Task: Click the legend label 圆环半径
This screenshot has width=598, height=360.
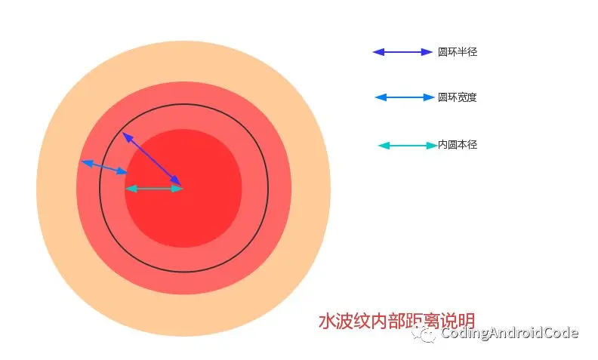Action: [x=458, y=52]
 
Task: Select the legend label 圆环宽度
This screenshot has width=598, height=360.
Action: [x=458, y=97]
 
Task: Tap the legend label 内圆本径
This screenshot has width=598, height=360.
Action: [x=458, y=145]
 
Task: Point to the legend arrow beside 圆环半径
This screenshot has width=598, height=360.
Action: [x=402, y=52]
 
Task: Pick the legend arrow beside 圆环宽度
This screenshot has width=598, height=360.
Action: [x=405, y=97]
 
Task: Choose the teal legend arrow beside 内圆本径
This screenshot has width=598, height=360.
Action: [x=408, y=146]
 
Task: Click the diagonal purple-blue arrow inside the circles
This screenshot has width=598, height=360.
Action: [x=153, y=160]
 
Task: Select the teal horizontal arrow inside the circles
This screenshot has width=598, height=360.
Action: [x=155, y=189]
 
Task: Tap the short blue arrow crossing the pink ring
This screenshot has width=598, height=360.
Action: [x=104, y=168]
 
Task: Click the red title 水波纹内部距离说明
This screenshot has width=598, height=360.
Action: [x=396, y=321]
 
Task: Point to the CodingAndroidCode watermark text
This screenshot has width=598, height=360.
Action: [x=510, y=333]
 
